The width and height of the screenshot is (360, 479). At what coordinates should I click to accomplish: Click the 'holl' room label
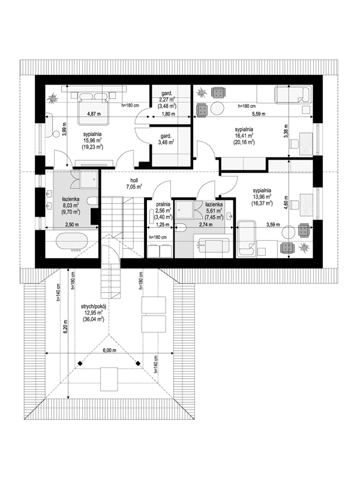134,179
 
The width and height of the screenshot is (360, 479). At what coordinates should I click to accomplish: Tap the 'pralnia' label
160,205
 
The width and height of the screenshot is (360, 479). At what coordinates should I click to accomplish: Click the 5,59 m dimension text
259,113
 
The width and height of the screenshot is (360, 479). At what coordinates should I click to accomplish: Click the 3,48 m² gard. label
166,142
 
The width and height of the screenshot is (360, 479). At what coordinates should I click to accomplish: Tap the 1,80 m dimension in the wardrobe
168,113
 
